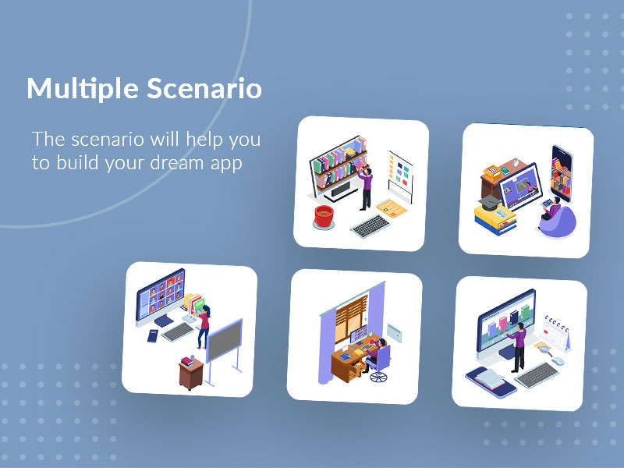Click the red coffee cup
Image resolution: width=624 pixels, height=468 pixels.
(323, 214)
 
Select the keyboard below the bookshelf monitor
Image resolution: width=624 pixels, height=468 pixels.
(370, 226)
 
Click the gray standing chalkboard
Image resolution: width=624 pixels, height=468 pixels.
(224, 340)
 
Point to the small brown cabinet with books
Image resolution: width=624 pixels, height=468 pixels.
(191, 372)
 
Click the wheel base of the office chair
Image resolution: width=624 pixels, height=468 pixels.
(378, 377)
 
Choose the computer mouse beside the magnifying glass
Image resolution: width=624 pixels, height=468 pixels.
(559, 360)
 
